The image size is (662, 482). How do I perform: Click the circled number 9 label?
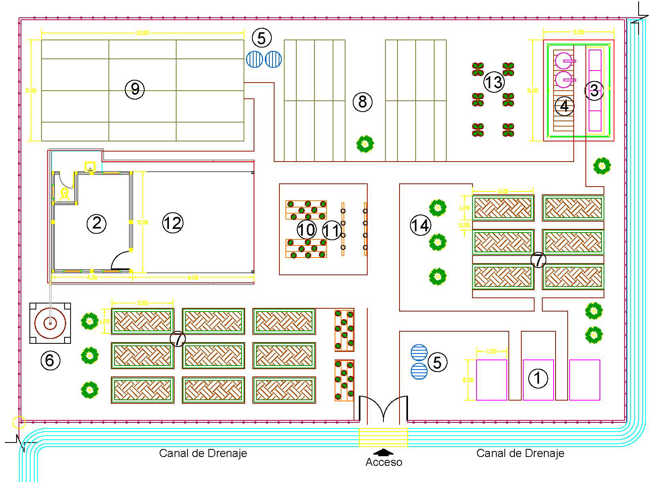(135, 89)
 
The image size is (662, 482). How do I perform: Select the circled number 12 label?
(173, 222)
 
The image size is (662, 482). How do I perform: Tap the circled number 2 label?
(97, 223)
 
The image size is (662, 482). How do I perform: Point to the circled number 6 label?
(50, 360)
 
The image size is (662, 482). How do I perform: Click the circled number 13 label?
(494, 82)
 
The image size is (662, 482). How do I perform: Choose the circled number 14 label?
(420, 225)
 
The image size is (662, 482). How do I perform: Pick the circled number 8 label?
(362, 102)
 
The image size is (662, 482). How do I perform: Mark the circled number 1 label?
(538, 378)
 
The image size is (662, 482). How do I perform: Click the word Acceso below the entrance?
(383, 462)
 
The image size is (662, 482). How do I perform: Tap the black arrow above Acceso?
(383, 451)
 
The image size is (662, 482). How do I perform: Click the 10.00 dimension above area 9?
(142, 33)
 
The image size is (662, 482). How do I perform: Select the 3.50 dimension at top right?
(579, 32)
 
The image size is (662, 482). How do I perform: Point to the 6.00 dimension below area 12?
(193, 277)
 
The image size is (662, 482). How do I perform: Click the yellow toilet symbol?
(64, 194)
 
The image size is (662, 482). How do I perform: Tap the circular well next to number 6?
(50, 323)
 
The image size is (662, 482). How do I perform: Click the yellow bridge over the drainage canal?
(383, 437)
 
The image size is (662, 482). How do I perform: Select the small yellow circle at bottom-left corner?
(19, 422)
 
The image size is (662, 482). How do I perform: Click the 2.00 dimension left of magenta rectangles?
(468, 380)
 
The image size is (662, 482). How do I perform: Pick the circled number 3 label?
(594, 90)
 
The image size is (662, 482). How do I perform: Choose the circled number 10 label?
(306, 230)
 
